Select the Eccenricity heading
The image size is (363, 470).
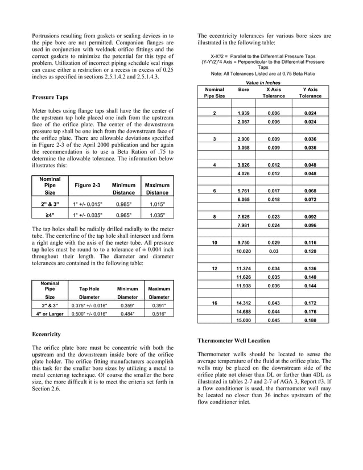(46, 334)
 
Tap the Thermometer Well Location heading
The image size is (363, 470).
(233, 340)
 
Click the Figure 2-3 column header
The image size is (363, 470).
(87, 185)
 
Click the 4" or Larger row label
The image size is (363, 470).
(49, 314)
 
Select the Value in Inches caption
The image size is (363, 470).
(263, 83)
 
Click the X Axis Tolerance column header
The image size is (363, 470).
(274, 93)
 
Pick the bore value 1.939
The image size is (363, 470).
(243, 113)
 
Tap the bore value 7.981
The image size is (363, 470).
(243, 225)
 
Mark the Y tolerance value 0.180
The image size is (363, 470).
(310, 320)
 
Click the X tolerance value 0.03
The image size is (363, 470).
(274, 251)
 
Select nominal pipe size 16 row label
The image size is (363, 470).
(214, 303)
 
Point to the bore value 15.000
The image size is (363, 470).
(243, 320)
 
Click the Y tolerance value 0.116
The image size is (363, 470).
(310, 242)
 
